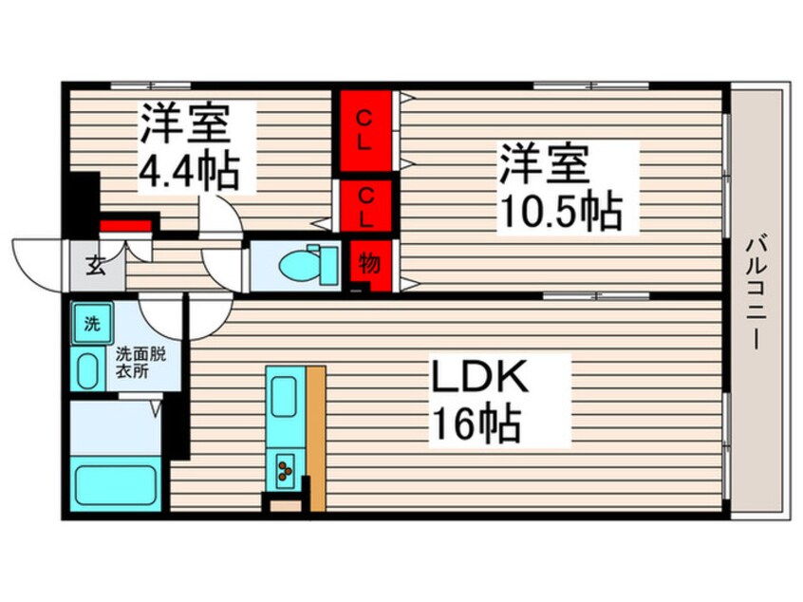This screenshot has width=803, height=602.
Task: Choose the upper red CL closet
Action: pyautogui.click(x=365, y=130)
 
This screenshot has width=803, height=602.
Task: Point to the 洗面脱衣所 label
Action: pyautogui.click(x=140, y=364)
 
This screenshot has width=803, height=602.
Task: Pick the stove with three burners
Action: pyautogui.click(x=284, y=466)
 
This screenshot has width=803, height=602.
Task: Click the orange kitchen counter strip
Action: pyautogui.click(x=315, y=437)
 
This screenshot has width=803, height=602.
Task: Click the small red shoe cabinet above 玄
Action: pyautogui.click(x=125, y=226)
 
